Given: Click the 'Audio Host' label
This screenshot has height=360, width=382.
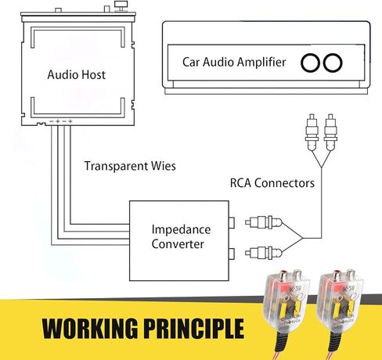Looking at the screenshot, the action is click(77, 74).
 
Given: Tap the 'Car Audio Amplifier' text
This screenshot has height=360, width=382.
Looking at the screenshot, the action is click(234, 62).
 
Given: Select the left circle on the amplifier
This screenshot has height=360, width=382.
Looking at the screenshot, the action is click(310, 63).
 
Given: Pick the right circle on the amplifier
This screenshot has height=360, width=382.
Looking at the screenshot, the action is click(333, 63).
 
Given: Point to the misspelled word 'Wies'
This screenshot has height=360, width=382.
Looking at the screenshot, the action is click(164, 166).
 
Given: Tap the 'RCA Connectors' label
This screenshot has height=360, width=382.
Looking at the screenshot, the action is click(272, 183).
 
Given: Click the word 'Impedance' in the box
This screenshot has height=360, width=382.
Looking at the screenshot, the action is click(181, 230).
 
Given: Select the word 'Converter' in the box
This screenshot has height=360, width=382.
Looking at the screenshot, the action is click(178, 244).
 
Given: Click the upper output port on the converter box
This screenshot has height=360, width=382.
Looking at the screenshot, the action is click(232, 223).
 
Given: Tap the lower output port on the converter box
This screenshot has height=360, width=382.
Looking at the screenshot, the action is click(232, 254).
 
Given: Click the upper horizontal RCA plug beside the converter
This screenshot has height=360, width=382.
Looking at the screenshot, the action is click(264, 222).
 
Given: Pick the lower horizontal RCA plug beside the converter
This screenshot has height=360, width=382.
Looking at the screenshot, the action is click(264, 253).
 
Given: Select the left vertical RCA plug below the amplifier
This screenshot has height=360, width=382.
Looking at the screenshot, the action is click(312, 132).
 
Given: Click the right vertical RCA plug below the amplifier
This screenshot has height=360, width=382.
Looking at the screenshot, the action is click(330, 132).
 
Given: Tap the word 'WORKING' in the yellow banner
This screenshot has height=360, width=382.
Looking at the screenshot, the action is click(90, 329).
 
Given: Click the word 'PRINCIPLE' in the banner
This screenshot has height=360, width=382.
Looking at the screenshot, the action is click(194, 329).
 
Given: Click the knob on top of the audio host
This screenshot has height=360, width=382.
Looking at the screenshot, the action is click(121, 5).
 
